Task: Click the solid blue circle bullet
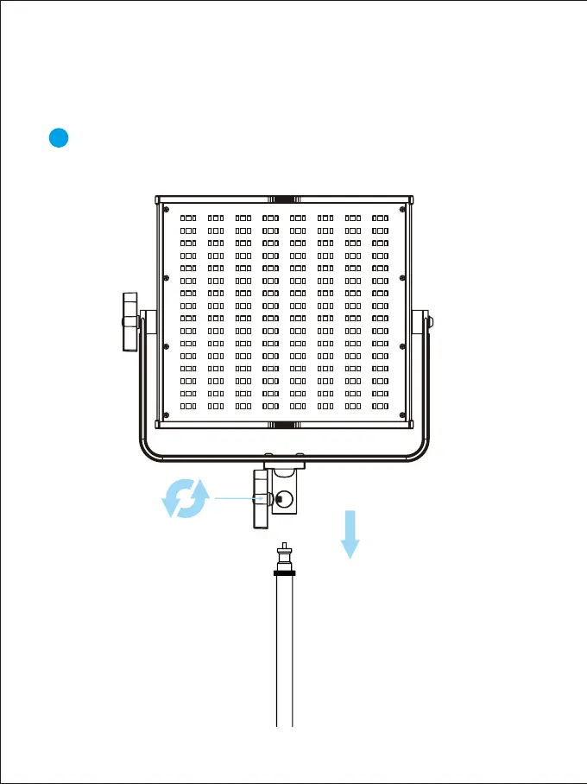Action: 58,138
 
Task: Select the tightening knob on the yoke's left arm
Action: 129,322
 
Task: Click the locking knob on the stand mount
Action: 261,498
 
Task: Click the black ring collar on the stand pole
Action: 284,572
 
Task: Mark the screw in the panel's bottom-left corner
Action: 166,414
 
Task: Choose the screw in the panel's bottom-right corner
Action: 402,414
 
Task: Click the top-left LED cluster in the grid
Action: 189,218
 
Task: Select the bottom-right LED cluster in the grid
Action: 381,405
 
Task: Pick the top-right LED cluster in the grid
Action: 381,218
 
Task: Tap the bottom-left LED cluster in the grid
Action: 189,405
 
